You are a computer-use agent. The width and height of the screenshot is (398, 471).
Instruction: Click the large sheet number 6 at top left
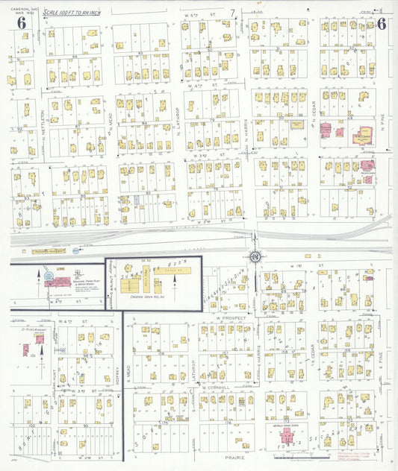[22, 22]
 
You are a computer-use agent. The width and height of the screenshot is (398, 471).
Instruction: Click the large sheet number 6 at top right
[381, 22]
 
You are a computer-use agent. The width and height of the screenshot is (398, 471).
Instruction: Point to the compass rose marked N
[255, 257]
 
